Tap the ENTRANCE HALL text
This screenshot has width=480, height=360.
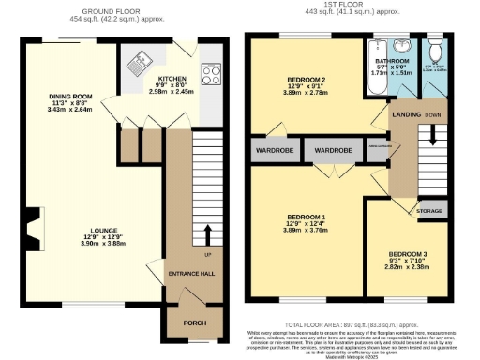pos(193,273)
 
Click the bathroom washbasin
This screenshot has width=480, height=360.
pos(401,49)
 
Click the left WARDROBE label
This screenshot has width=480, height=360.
pos(271,150)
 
